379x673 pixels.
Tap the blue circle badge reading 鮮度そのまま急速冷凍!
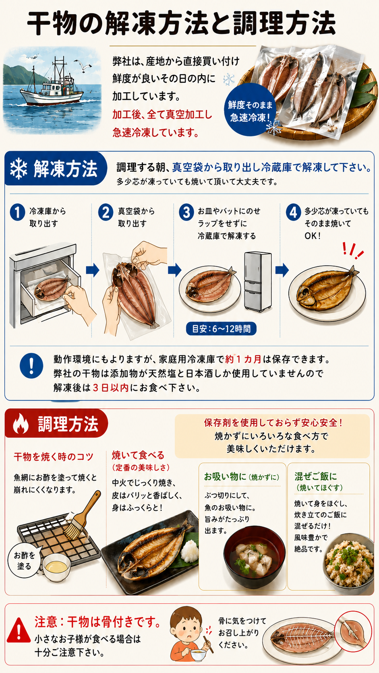pos(250,110)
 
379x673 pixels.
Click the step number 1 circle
pos(17,213)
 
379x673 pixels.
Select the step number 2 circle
pos(106,213)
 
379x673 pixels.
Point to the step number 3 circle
pos(186,213)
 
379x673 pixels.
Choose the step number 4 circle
pos(293,213)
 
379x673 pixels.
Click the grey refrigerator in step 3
pos(258,281)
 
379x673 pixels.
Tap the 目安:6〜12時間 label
pos(221,329)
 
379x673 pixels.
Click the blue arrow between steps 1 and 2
pos(93,270)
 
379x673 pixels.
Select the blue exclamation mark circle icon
pos(31,365)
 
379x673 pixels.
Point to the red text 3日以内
pos(111,388)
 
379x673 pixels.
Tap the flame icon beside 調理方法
pos(21,424)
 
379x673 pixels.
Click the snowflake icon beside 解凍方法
pos(19,168)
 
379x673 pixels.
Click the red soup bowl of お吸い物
pos(254,556)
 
